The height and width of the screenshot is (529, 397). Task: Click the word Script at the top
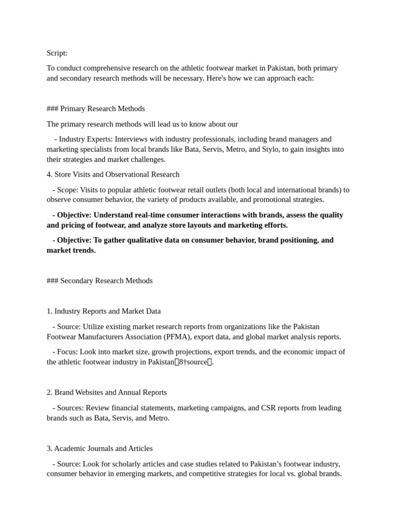click(x=56, y=53)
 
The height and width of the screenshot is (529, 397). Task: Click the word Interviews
click(x=132, y=139)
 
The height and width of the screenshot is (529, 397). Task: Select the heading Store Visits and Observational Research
click(x=117, y=174)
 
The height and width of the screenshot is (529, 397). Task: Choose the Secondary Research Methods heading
click(x=106, y=281)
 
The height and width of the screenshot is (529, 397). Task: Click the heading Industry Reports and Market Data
click(x=108, y=311)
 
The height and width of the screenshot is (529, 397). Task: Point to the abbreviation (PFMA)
click(x=177, y=337)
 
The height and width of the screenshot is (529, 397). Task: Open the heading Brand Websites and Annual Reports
click(x=111, y=392)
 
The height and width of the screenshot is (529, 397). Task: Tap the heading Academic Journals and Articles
click(x=103, y=448)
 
